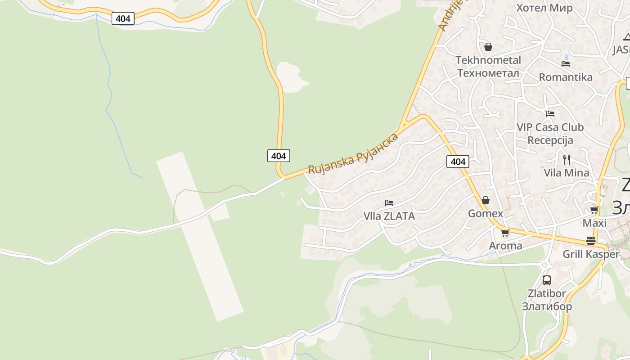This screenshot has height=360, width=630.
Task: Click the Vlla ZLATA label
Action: coord(389,216)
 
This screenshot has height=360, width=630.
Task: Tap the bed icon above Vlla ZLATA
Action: coord(389,203)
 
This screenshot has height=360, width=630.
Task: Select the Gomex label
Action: coord(486,213)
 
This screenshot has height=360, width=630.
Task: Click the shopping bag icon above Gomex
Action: coord(486,200)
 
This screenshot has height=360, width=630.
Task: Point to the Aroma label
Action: coord(505,246)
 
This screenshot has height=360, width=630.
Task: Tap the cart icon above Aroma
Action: coord(505,233)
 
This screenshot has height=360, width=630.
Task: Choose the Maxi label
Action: coord(594,223)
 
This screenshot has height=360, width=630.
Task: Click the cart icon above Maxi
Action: coord(594,210)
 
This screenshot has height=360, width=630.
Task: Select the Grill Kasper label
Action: coord(591,254)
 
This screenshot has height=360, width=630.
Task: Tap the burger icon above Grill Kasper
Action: coord(591,241)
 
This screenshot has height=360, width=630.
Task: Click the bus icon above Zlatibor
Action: coord(547,280)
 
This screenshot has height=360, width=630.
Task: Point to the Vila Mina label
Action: coord(566,173)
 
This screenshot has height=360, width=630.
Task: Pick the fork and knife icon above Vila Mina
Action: coord(567,159)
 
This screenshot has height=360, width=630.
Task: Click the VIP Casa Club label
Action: coord(550,127)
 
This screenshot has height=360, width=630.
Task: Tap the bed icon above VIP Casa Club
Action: coord(550,114)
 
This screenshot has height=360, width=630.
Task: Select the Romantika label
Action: coord(566,77)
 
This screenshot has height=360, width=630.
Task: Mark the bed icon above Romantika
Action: coord(566,64)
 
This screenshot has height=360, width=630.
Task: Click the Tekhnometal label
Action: coord(488,60)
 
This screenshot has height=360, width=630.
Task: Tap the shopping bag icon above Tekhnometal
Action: coord(488,47)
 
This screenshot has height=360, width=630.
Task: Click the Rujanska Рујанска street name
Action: coord(353,153)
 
